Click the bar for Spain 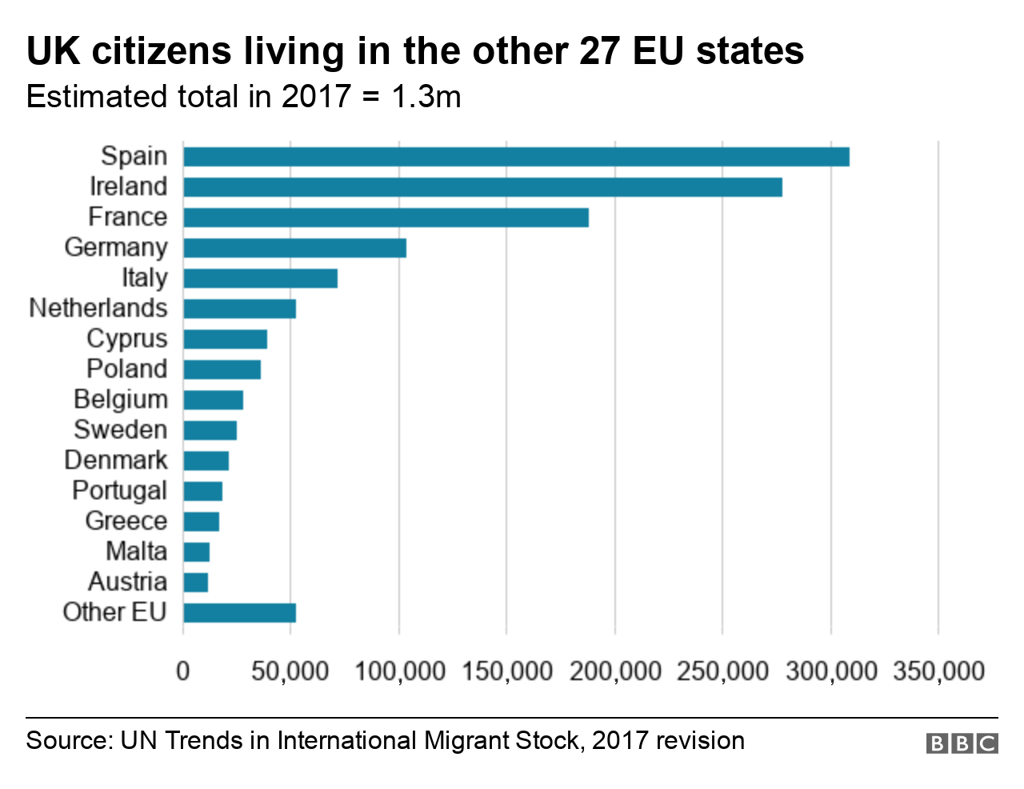(516, 157)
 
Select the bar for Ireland (482, 187)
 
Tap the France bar (386, 218)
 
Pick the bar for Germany (294, 248)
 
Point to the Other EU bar (239, 613)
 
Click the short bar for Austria (196, 583)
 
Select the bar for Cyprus (225, 339)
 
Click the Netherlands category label (98, 308)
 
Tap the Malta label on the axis (136, 551)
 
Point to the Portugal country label (119, 491)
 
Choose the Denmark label (116, 460)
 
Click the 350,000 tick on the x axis (938, 671)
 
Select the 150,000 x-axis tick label (507, 671)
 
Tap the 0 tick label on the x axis (183, 671)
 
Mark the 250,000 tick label (722, 671)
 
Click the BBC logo (962, 743)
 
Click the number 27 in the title (598, 50)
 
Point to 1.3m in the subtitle (426, 97)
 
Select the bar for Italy (260, 278)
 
